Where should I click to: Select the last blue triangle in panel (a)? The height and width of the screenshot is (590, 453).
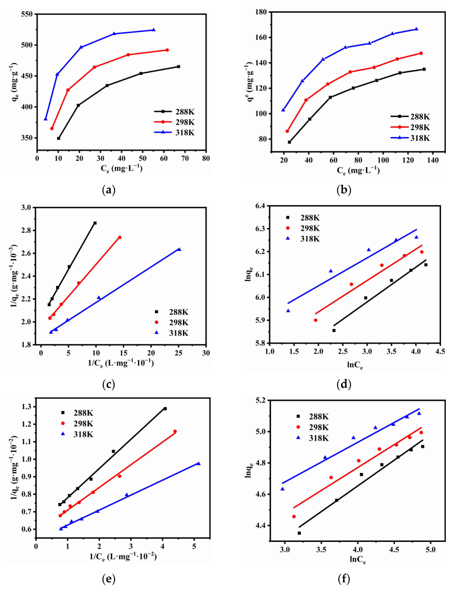click(154, 30)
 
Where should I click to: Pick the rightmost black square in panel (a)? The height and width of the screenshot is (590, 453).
click(178, 67)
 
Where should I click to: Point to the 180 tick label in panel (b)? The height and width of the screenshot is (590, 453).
click(261, 12)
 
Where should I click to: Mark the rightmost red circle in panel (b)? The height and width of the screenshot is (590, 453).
click(421, 53)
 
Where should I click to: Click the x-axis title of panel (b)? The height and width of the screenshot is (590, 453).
click(358, 170)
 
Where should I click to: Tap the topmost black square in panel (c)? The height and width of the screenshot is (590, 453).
click(95, 223)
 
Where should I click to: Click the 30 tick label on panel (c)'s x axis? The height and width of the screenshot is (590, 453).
click(206, 353)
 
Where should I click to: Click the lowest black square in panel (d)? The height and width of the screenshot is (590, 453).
click(334, 330)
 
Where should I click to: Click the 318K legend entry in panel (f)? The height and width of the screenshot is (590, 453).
click(318, 438)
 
